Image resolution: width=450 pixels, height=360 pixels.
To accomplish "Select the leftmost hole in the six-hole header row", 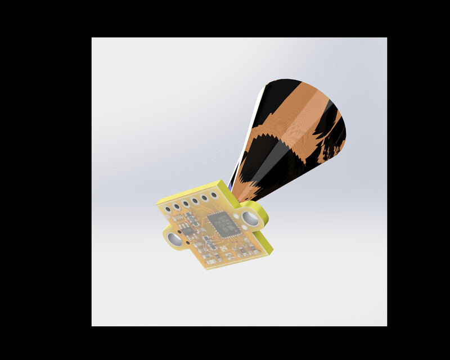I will click(x=168, y=209).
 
